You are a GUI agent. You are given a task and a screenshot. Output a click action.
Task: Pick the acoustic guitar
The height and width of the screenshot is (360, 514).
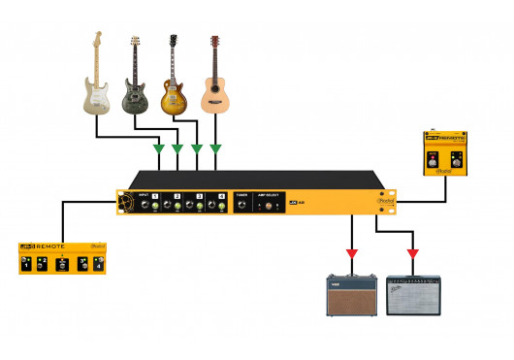coord(213,82)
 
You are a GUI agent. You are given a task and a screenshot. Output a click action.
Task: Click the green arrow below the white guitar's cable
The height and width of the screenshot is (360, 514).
coord(158,148)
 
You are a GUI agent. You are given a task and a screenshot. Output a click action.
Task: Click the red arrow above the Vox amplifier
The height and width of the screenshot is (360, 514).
coord(351,254)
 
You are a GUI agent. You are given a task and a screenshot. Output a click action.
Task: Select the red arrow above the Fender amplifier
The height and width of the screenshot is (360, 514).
coord(412,254)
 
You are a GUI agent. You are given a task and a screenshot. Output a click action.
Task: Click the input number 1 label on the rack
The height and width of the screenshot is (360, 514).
coord(155,196)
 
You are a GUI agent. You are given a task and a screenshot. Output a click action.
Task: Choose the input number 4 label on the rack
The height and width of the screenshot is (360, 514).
coord(222,196)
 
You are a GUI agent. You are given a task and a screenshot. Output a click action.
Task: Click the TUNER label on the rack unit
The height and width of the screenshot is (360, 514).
coord(241,196)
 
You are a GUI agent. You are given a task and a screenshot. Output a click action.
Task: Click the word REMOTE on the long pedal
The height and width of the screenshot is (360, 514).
coord(51,246)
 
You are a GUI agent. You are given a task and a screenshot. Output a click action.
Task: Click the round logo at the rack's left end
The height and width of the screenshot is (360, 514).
coord(126,203)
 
